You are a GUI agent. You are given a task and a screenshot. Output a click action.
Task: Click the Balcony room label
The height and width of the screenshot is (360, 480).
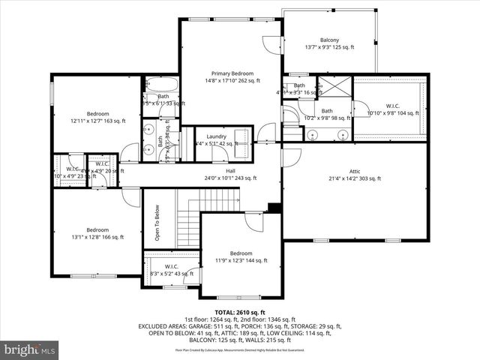(329, 44)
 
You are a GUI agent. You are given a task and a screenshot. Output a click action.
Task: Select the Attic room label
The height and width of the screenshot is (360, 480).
(355, 175)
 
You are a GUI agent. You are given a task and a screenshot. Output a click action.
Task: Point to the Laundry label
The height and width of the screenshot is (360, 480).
(217, 136)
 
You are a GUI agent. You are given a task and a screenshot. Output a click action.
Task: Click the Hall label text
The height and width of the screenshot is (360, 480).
(231, 174)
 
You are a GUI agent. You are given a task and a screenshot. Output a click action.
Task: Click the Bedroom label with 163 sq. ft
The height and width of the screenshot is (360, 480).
(95, 117)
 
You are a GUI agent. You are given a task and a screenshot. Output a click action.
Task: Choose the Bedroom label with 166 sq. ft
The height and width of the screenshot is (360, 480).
(97, 233)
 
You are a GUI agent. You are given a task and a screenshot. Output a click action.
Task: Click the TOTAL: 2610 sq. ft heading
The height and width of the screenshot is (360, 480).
(240, 311)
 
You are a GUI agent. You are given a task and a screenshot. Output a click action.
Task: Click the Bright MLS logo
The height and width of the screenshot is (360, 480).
(30, 349)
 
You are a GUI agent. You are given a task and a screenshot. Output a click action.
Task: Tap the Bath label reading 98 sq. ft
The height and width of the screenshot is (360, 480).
(327, 115)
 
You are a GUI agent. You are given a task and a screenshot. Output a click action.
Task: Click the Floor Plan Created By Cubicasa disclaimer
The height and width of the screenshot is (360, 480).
(240, 350)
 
